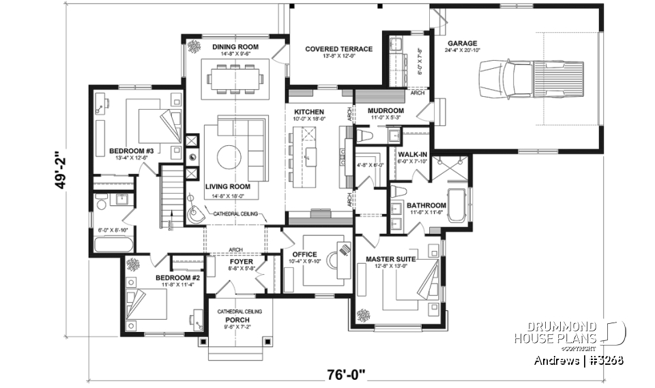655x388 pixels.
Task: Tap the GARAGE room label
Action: [x=463, y=42]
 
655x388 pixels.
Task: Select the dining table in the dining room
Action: [x=235, y=78]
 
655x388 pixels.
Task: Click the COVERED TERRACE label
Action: [x=338, y=49]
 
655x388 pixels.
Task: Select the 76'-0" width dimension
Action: [x=346, y=373]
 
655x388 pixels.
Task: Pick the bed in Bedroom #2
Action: [x=151, y=303]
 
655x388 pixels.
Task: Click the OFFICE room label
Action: [x=304, y=254]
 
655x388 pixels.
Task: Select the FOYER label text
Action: [x=242, y=261]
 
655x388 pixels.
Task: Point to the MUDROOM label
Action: [x=385, y=110]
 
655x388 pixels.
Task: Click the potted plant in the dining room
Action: [x=193, y=47]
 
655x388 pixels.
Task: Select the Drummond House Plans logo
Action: [x=568, y=332]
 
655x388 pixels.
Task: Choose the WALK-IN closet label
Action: [x=413, y=155]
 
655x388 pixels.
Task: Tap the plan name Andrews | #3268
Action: [x=579, y=359]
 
